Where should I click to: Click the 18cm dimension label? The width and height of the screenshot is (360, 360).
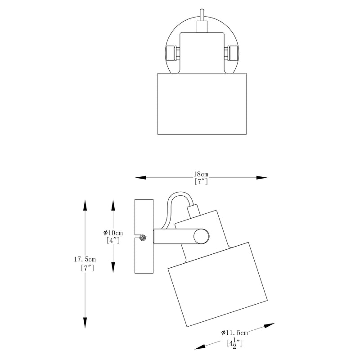tap(201, 174)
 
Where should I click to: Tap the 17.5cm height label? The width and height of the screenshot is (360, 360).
tap(85, 260)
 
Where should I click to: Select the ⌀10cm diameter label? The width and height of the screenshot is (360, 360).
tap(113, 233)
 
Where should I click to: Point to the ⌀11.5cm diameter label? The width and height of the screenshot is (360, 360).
tap(234, 333)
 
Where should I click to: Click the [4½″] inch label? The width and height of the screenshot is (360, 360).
tap(234, 343)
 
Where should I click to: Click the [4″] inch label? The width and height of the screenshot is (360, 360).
tap(113, 240)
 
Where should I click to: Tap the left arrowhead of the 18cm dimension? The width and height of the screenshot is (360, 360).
tap(140, 177)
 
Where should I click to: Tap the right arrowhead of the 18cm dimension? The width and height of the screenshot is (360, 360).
tap(261, 177)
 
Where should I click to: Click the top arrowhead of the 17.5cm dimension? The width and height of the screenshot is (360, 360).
tap(85, 205)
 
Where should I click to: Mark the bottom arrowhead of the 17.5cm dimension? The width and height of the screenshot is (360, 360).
tap(85, 323)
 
